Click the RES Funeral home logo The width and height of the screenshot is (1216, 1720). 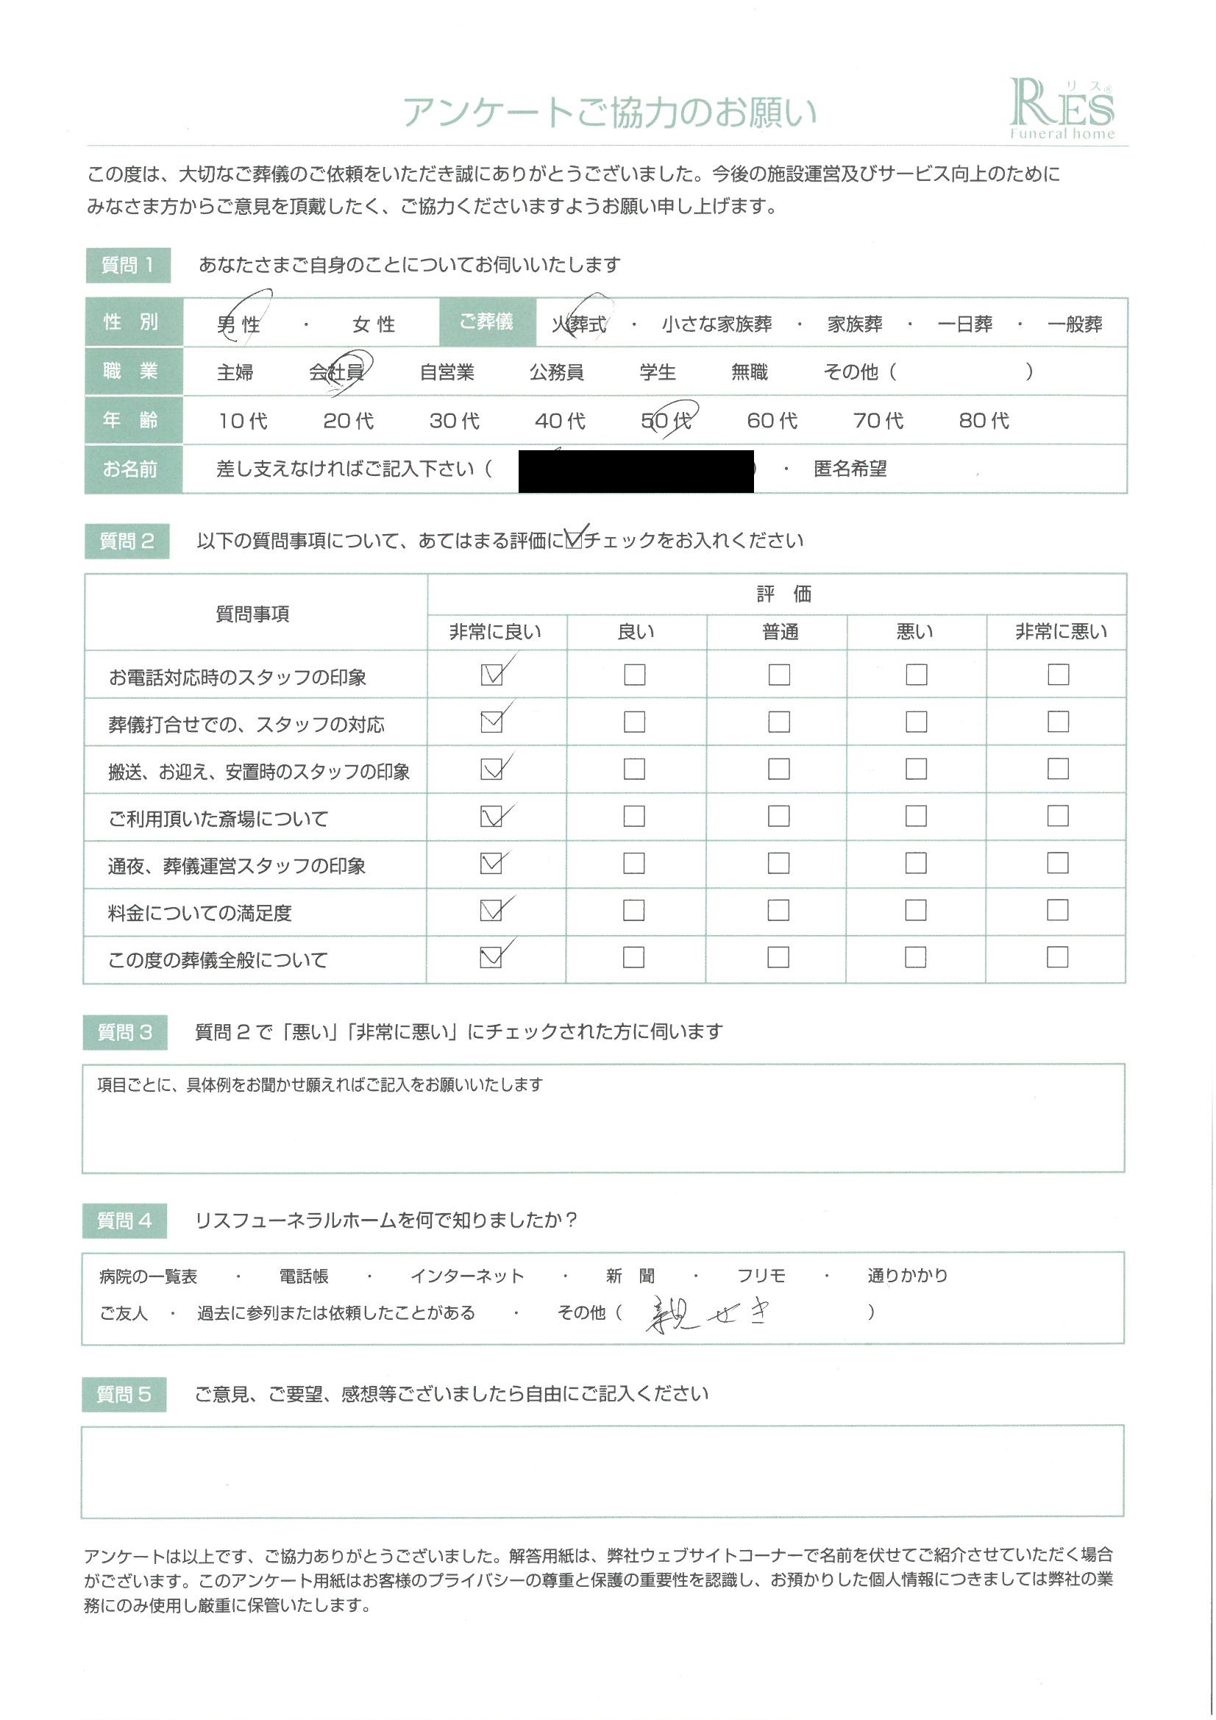(x=1061, y=110)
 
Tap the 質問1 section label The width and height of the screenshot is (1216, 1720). (x=128, y=265)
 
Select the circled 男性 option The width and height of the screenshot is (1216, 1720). (x=239, y=324)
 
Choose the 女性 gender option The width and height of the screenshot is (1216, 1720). (x=373, y=324)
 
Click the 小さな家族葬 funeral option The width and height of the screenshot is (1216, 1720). (x=717, y=324)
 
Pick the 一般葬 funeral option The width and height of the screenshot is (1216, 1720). (x=1075, y=324)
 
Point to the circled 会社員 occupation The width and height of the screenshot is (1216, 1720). (x=336, y=372)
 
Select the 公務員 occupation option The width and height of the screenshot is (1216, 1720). (x=556, y=372)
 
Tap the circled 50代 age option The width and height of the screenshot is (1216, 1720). (x=666, y=420)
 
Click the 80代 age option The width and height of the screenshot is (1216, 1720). (x=983, y=420)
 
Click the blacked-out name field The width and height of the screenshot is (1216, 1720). (x=636, y=470)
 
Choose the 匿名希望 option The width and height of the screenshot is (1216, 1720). (x=850, y=469)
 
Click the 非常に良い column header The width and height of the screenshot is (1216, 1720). (x=495, y=632)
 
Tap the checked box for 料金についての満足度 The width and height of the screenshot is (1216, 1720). (x=491, y=910)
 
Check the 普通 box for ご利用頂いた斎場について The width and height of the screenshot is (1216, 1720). (x=778, y=816)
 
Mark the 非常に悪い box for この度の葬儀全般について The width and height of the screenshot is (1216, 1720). (x=1057, y=957)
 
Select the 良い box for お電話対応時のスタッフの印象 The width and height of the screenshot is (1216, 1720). (x=634, y=675)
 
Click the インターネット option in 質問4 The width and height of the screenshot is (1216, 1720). (x=467, y=1276)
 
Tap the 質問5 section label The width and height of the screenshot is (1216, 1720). (x=124, y=1395)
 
